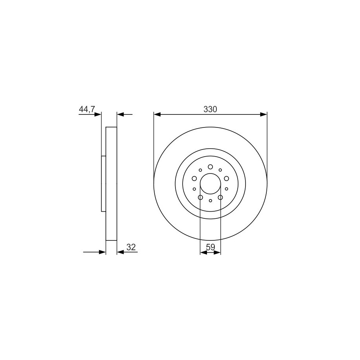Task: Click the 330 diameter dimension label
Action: tap(210, 109)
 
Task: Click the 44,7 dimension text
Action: tap(87, 109)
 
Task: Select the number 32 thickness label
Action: tap(131, 247)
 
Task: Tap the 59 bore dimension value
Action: tap(210, 247)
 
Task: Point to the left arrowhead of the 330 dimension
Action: tap(157, 114)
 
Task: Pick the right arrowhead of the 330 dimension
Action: tap(264, 114)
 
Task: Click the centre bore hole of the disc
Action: tap(210, 183)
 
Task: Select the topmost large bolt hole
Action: tap(210, 167)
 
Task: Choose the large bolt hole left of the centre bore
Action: tap(194, 178)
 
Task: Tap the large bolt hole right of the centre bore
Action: tap(226, 178)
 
